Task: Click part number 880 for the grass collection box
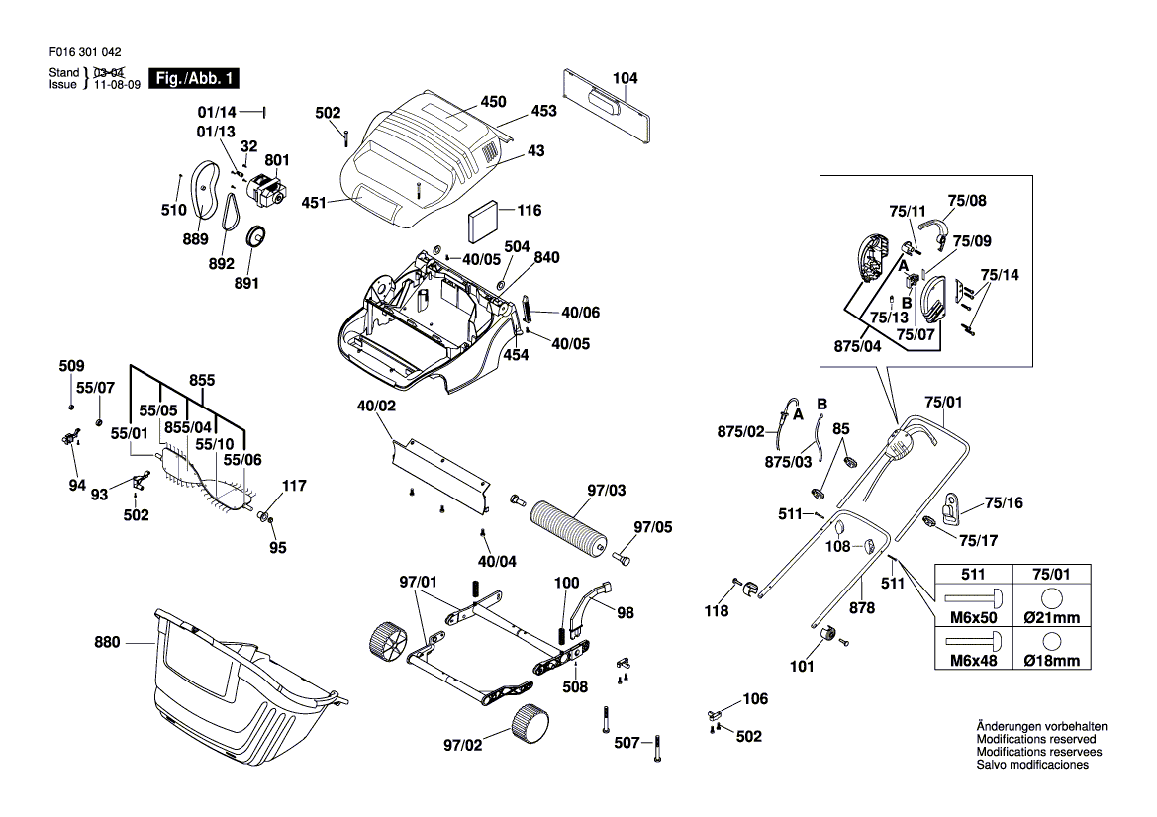point(107,643)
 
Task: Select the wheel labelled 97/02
point(531,722)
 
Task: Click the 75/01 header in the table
point(1051,574)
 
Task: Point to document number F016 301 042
point(84,53)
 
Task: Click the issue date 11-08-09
point(117,85)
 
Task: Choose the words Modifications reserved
point(1036,739)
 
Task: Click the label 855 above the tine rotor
point(202,380)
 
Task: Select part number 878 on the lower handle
point(862,608)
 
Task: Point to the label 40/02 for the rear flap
point(376,406)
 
